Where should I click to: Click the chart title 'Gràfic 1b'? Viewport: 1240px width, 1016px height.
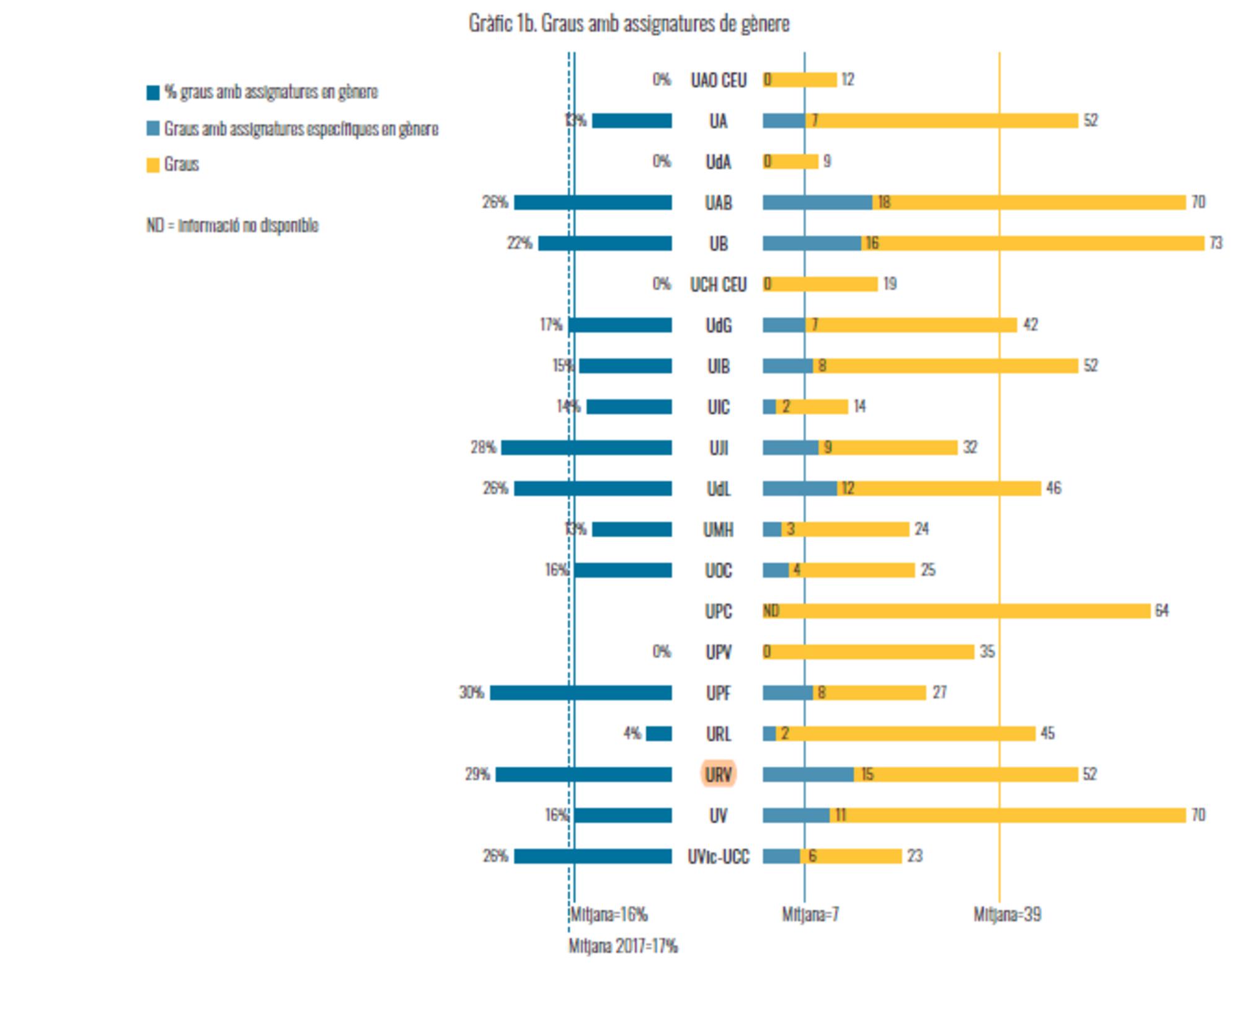[629, 24]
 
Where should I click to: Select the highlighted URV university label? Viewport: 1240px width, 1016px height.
[719, 774]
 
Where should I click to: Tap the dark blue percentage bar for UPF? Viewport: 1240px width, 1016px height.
[581, 693]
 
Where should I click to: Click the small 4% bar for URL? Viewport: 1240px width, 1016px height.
[658, 734]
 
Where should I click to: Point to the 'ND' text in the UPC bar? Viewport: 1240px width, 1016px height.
[771, 611]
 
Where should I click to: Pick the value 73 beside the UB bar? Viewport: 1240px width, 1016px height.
[1216, 243]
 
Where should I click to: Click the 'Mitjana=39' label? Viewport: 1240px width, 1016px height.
[1007, 914]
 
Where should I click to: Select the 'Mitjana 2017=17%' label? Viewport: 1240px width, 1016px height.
[623, 946]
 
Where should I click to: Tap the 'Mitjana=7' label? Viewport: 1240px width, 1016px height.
[810, 914]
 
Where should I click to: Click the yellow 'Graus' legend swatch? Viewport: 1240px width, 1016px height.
[153, 165]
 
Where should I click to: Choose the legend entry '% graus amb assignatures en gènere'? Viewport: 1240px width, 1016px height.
[270, 92]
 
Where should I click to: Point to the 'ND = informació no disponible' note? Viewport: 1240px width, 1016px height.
[232, 225]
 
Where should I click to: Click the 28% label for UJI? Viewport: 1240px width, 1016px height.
[483, 447]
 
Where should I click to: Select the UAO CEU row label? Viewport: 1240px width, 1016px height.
[719, 80]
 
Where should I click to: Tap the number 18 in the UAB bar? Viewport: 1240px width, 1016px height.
[884, 202]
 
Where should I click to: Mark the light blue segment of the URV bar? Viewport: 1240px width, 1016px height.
[808, 774]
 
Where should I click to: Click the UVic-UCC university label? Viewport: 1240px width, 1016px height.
[719, 857]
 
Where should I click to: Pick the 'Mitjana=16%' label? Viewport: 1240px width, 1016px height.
[609, 914]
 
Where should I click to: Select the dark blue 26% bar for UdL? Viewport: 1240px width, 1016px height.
[593, 489]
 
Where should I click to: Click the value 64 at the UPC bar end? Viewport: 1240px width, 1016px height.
[1161, 611]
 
